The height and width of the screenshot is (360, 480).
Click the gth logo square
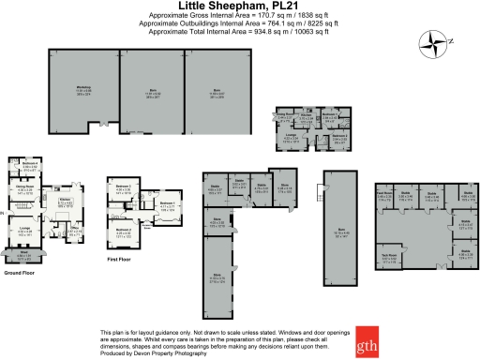pyautogui.click(x=367, y=346)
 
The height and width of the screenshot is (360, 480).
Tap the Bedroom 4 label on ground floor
pyautogui.click(x=29, y=165)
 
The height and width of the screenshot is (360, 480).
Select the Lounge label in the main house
pyautogui.click(x=27, y=228)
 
